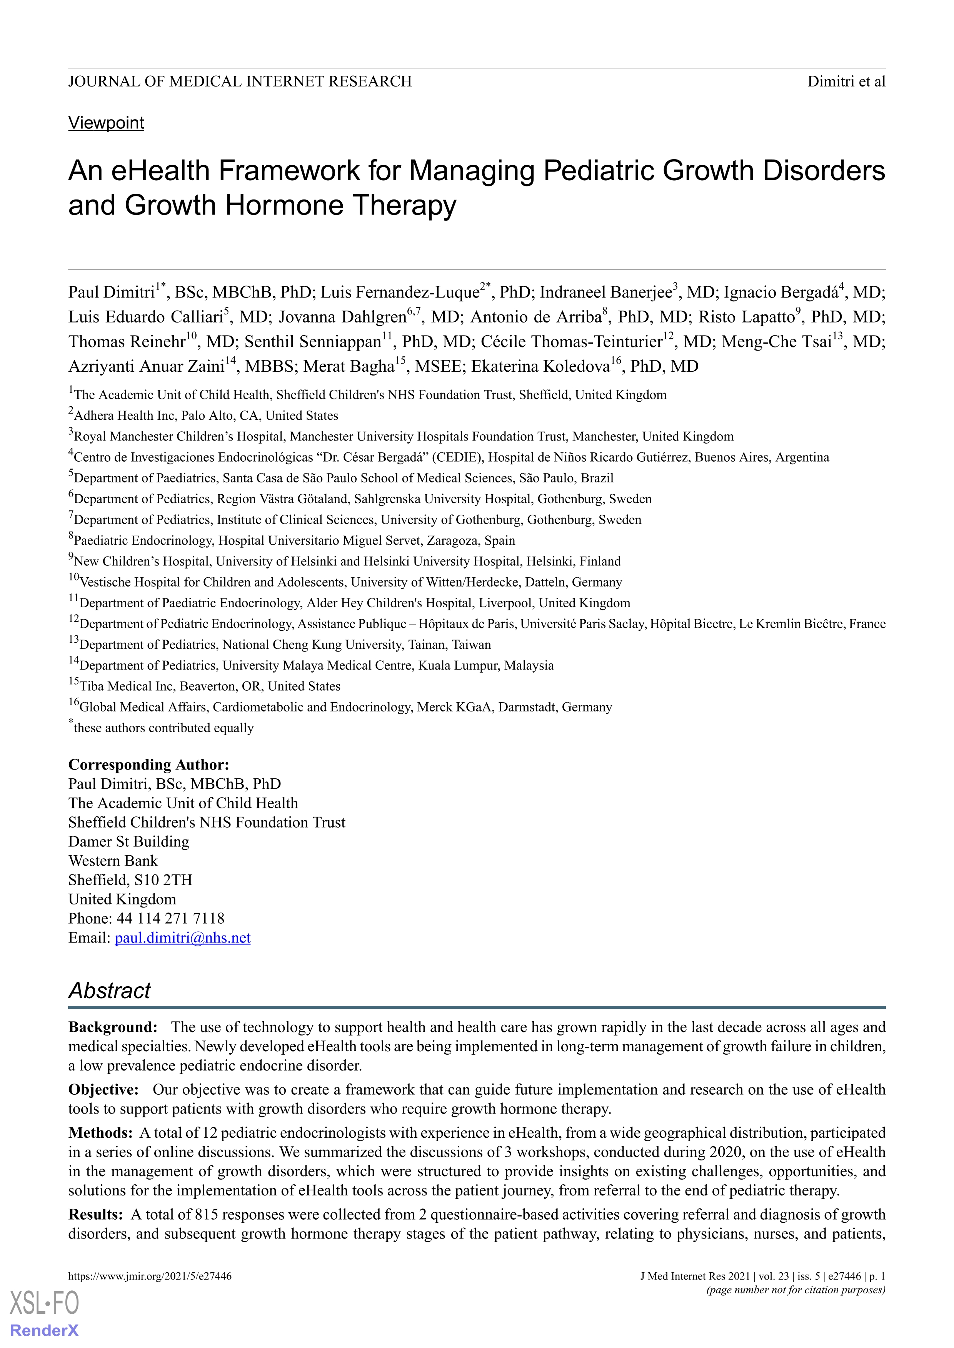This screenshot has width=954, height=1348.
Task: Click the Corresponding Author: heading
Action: click(148, 765)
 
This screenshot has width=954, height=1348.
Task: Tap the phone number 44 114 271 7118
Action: click(170, 918)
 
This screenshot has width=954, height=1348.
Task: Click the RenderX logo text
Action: click(45, 1330)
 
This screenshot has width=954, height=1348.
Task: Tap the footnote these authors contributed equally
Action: click(163, 728)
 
